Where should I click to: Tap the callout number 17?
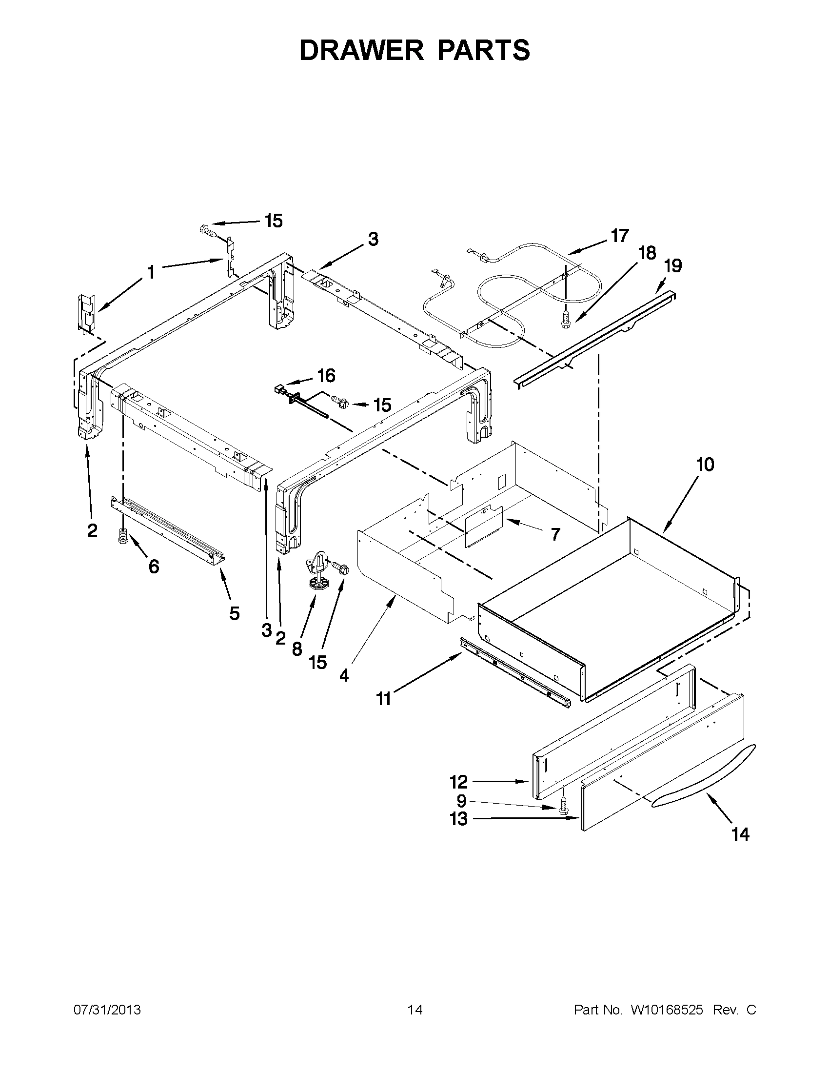[620, 236]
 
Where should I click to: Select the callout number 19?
[673, 266]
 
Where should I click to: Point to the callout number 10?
[705, 465]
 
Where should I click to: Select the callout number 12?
[458, 781]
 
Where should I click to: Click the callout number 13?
[458, 820]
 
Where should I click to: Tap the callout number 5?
[235, 613]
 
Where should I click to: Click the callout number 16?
[326, 376]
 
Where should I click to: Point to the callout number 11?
[384, 699]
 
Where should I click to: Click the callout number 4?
[344, 676]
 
